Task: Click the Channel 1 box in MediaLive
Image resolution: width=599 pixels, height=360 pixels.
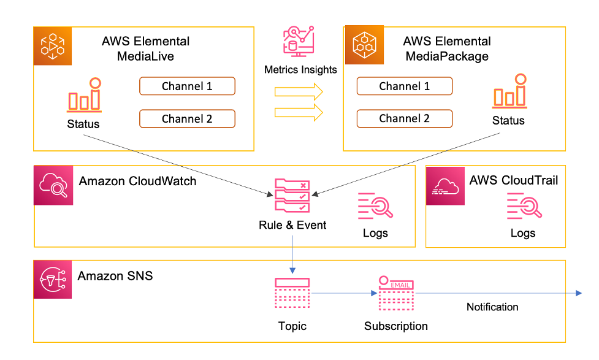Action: click(x=187, y=86)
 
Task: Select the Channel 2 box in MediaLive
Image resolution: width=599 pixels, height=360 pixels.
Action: click(x=187, y=118)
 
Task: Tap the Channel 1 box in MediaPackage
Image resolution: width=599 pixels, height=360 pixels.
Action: click(x=404, y=86)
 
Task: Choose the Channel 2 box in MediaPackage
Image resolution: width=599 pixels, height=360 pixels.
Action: click(x=404, y=118)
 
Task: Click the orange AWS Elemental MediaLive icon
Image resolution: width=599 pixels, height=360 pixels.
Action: click(x=52, y=46)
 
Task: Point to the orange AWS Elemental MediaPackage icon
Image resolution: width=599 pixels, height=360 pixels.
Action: click(x=364, y=45)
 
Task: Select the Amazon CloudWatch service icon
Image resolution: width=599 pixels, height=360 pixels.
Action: click(x=53, y=185)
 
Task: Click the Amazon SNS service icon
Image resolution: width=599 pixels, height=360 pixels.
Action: click(x=52, y=280)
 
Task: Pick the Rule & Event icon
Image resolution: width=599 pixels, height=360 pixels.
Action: click(x=293, y=196)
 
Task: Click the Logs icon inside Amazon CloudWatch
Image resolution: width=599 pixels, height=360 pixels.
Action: click(x=375, y=207)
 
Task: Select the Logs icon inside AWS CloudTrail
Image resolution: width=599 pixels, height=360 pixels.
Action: click(x=523, y=206)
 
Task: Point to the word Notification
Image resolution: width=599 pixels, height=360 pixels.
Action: click(x=492, y=307)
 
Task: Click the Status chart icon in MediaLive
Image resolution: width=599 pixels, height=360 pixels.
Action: click(x=85, y=96)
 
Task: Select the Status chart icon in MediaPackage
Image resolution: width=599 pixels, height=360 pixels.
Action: click(x=509, y=91)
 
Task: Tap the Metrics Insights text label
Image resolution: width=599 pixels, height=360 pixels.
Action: click(x=300, y=70)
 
